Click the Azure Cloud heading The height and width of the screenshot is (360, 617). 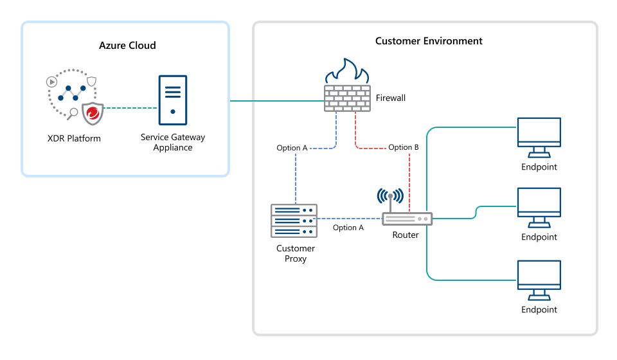127,46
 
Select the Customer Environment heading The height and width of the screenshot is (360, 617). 429,41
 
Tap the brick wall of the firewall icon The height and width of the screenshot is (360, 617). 347,97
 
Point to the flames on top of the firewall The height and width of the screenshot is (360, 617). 347,71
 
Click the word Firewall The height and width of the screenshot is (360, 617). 390,98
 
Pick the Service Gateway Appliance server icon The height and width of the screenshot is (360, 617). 173,100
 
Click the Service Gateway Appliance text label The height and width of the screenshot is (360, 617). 173,142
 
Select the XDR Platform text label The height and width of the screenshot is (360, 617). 74,138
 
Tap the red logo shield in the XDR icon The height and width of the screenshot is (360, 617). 93,114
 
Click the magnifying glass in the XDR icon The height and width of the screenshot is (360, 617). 73,114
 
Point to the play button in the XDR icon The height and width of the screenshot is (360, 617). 51,82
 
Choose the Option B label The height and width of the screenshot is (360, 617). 404,147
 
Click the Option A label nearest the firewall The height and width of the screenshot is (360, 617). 292,148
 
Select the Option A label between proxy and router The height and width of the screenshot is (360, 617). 348,228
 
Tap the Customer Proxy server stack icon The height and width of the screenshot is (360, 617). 294,220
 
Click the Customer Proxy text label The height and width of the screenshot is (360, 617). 296,253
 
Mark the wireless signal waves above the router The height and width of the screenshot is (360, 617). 390,195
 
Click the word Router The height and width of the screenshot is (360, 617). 406,235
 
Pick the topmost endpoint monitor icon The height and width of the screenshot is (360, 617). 539,136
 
